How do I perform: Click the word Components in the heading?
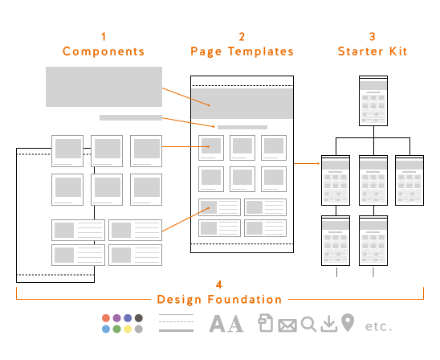(x=104, y=51)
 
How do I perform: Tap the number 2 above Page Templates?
(x=242, y=36)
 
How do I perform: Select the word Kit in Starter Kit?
(x=398, y=51)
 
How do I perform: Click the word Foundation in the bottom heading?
(x=244, y=300)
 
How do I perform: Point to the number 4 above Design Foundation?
(x=219, y=284)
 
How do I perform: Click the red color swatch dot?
(x=106, y=318)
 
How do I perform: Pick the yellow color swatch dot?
(x=128, y=329)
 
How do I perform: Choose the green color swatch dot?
(x=116, y=329)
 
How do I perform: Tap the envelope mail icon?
(x=287, y=325)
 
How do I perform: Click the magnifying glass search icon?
(x=308, y=325)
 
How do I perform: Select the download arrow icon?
(x=329, y=324)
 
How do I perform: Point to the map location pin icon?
(x=348, y=323)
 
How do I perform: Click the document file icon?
(x=266, y=323)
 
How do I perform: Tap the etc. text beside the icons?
(x=378, y=326)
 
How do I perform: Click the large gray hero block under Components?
(x=104, y=87)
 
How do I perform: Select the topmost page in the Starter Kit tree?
(x=373, y=100)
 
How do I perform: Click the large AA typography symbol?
(x=226, y=324)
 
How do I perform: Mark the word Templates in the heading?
(x=261, y=51)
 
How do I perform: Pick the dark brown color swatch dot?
(x=139, y=318)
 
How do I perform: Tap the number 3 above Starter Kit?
(x=373, y=36)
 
